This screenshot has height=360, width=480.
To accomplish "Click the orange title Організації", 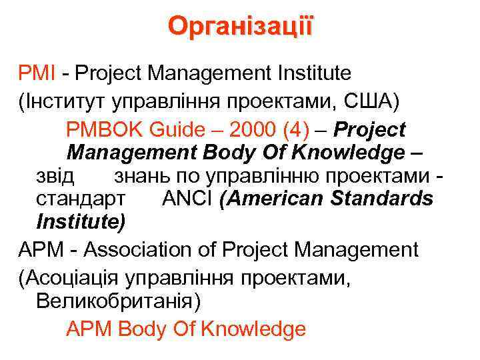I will [x=239, y=26].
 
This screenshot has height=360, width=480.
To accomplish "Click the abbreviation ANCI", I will [x=187, y=199].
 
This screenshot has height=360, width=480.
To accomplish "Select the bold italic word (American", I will [x=266, y=199].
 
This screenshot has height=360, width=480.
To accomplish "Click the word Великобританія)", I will [x=117, y=302].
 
